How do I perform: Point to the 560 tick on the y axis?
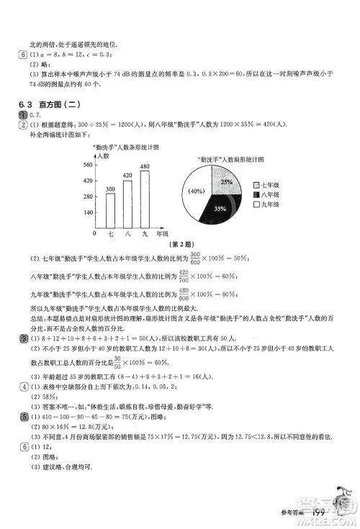coord(88,164)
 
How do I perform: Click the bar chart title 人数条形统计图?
coord(125,147)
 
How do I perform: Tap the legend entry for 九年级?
coord(266,205)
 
